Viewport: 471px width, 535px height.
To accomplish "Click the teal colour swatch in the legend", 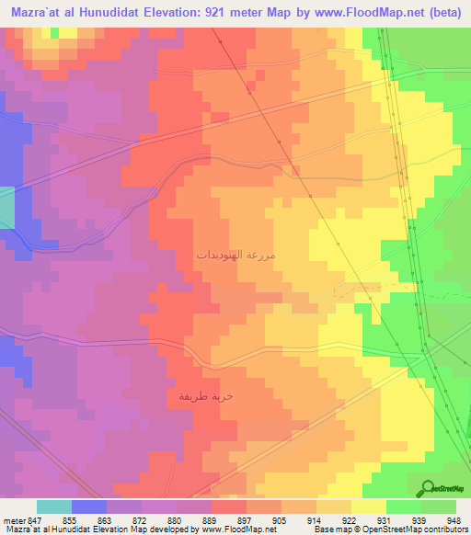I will coord(53,507).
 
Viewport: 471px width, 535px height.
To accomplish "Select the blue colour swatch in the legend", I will coord(89,507).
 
